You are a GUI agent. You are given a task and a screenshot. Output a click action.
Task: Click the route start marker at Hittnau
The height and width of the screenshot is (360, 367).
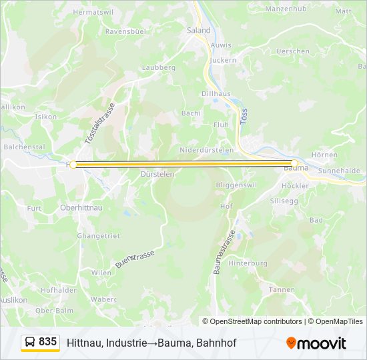click(x=73, y=164)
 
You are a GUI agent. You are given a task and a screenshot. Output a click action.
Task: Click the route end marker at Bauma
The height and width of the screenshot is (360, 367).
click(x=294, y=163)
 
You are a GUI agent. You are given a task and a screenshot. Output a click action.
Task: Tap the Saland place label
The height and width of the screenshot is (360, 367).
click(x=198, y=30)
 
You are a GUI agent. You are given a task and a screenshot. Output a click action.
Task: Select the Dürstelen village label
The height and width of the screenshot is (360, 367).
click(x=157, y=174)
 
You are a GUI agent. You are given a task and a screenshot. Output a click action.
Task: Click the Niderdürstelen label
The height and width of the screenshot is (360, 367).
click(x=206, y=150)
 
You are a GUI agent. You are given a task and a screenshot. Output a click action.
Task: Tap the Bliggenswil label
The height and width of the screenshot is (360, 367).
click(x=236, y=184)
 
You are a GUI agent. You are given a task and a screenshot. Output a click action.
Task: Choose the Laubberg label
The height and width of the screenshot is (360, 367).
click(x=158, y=67)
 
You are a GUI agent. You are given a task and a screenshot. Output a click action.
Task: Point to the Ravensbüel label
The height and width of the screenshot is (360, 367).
click(x=125, y=31)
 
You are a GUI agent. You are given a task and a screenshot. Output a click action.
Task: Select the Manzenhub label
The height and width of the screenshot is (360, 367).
click(x=285, y=9)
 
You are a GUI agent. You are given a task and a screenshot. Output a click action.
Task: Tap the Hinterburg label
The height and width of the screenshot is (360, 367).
click(x=248, y=263)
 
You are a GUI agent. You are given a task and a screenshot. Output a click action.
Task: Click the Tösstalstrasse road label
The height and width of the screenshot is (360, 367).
click(x=101, y=124)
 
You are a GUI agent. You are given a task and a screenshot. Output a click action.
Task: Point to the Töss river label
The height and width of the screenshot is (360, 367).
click(x=244, y=118)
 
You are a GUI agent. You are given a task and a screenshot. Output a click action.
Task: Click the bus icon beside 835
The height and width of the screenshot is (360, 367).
click(x=30, y=342)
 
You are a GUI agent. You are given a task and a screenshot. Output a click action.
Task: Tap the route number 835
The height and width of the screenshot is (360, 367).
click(x=47, y=341)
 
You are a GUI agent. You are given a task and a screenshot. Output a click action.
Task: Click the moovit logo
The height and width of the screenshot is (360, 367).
click(x=316, y=343)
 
